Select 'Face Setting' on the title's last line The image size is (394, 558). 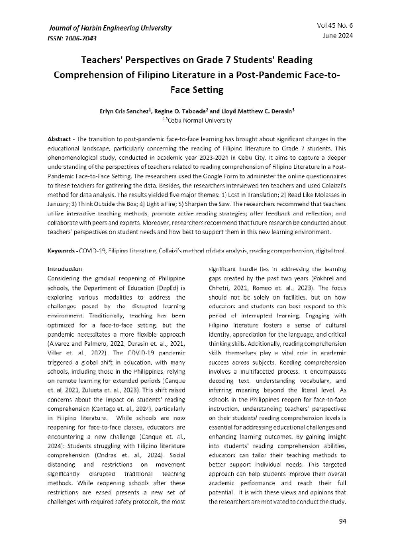pyautogui.click(x=197, y=86)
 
